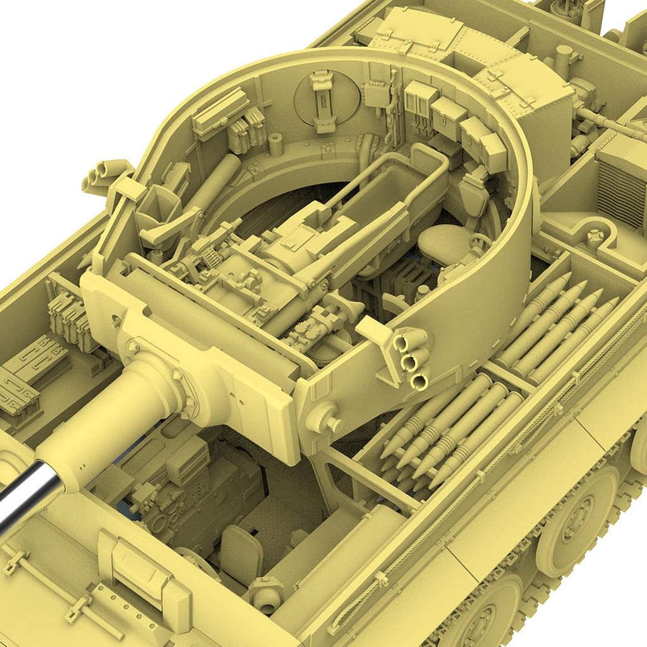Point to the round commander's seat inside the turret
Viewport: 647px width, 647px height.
(x=442, y=244)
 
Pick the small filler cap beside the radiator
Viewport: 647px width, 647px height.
(x=594, y=238)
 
